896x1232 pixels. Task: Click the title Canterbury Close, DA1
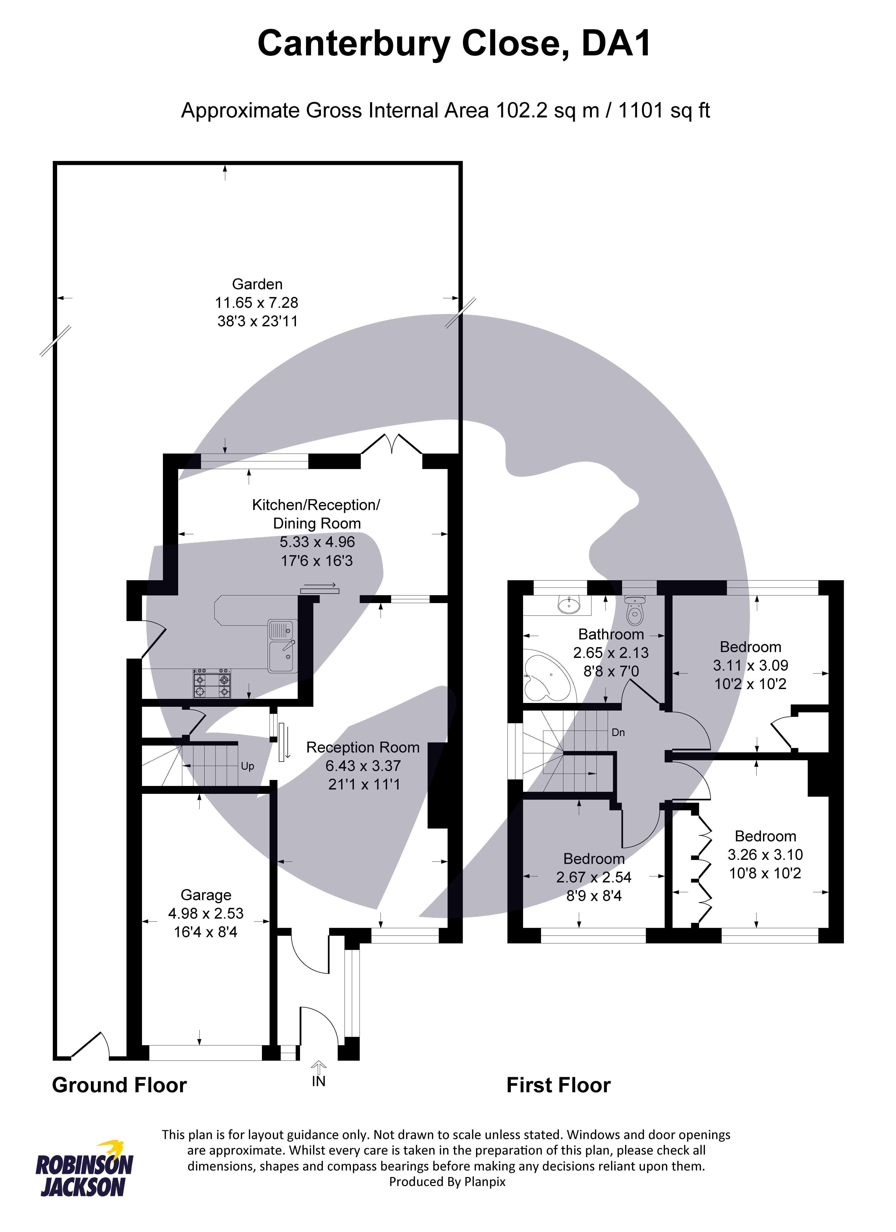coord(454,44)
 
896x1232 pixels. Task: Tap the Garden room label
coord(257,284)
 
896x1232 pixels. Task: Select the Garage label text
coord(206,895)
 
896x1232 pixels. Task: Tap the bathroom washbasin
coord(569,605)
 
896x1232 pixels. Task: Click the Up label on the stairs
coord(248,766)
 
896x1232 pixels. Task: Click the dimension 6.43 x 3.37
coord(363,766)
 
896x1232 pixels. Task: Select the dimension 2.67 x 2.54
coord(594,877)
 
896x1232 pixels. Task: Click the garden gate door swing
coord(90,1044)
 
